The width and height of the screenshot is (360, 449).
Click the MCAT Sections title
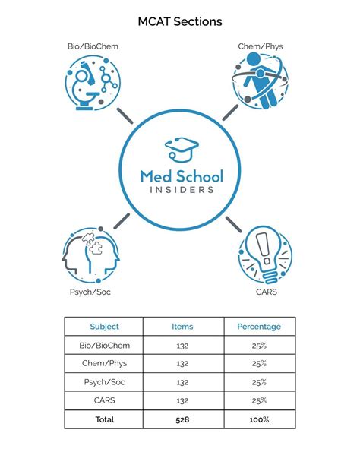pos(180,22)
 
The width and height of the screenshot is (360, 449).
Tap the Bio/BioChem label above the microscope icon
pos(93,46)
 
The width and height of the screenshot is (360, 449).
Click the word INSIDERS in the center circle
pos(181,191)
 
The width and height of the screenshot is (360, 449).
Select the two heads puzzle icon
pos(91,255)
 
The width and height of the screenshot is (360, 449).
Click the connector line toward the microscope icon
pos(125,115)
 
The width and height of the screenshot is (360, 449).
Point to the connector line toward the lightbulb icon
pos(232,223)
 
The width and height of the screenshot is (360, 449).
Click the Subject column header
pos(105,327)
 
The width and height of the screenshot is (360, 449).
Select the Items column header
pos(182,327)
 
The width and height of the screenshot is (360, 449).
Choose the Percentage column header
pos(258,327)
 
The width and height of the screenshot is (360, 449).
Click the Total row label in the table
pos(105,419)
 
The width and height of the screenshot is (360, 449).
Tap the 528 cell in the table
pos(182,419)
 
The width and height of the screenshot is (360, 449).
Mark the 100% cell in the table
pos(258,419)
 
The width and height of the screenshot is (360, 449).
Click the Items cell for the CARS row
pos(182,400)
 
